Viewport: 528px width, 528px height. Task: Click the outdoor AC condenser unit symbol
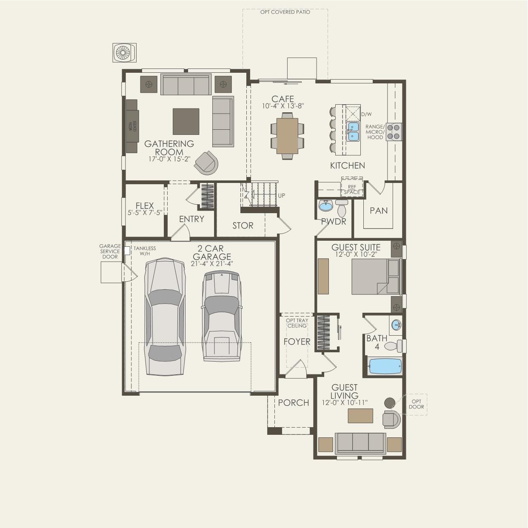click(x=124, y=53)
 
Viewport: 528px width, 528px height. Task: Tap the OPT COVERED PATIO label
click(x=285, y=12)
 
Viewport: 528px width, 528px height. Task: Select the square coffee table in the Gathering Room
click(x=186, y=121)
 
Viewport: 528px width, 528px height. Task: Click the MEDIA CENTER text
click(x=132, y=126)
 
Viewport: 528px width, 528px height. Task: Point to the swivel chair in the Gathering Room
click(x=206, y=163)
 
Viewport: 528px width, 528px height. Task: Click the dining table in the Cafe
click(x=287, y=136)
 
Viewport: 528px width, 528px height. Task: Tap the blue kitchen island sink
click(x=353, y=132)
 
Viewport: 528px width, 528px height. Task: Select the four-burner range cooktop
click(x=394, y=132)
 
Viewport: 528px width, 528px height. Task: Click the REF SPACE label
click(x=352, y=190)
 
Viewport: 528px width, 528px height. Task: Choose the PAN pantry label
click(x=379, y=211)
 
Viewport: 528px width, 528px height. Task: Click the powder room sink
click(x=325, y=206)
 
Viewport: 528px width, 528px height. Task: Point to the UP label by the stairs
click(x=281, y=196)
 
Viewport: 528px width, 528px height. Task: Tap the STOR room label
click(x=243, y=225)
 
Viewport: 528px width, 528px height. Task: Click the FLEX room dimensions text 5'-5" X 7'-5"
click(x=145, y=213)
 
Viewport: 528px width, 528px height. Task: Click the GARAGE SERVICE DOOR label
click(x=110, y=251)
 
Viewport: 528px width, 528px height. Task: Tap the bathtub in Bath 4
click(x=385, y=366)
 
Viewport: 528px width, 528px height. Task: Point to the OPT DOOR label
click(x=416, y=404)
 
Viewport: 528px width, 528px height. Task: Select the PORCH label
click(x=294, y=402)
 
